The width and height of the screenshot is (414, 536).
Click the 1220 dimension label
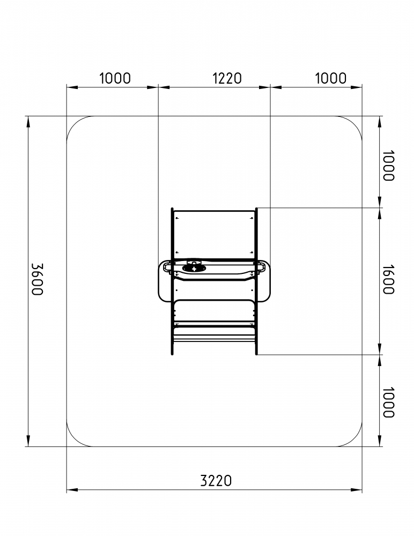coord(227,78)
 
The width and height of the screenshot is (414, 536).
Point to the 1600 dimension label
coord(388,279)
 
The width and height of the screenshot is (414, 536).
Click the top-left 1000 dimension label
coord(115,78)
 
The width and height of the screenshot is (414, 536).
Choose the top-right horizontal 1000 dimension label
coord(330,78)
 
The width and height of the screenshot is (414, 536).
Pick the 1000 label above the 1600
coord(388,166)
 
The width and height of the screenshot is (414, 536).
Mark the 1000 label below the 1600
coord(388,403)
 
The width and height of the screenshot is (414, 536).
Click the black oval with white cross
coord(194,269)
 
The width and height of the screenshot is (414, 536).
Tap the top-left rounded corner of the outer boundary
coord(75,124)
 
